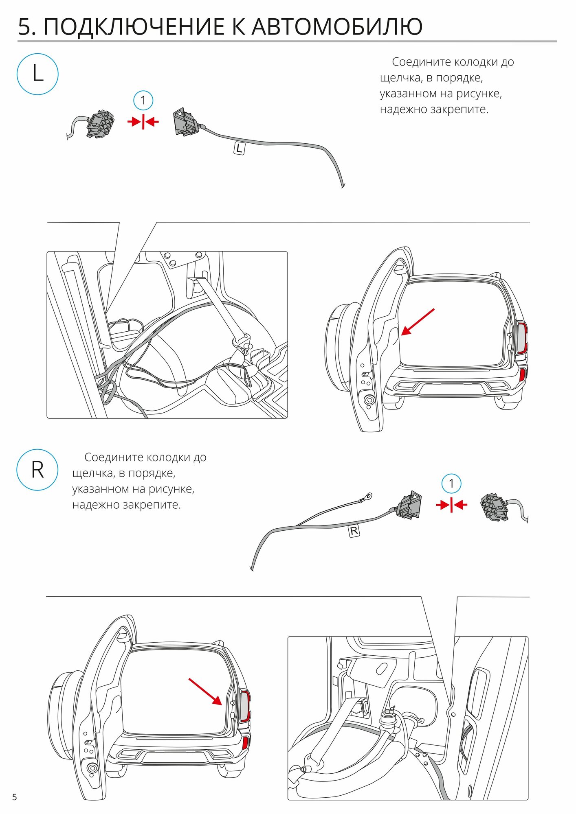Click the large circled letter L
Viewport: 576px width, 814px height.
point(37,74)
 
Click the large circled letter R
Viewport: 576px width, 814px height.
point(37,470)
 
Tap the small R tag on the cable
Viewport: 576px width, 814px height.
point(354,531)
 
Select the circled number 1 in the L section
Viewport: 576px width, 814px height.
point(143,100)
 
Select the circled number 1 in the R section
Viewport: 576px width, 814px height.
point(451,484)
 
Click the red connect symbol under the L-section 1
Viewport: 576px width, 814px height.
point(143,121)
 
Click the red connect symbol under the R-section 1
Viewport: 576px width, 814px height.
point(451,505)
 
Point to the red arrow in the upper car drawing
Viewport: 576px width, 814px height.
point(418,322)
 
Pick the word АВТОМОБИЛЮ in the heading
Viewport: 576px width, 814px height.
point(337,27)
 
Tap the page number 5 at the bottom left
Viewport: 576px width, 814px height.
point(15,797)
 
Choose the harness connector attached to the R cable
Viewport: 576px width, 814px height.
point(409,506)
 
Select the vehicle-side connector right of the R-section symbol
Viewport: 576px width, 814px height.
point(493,508)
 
